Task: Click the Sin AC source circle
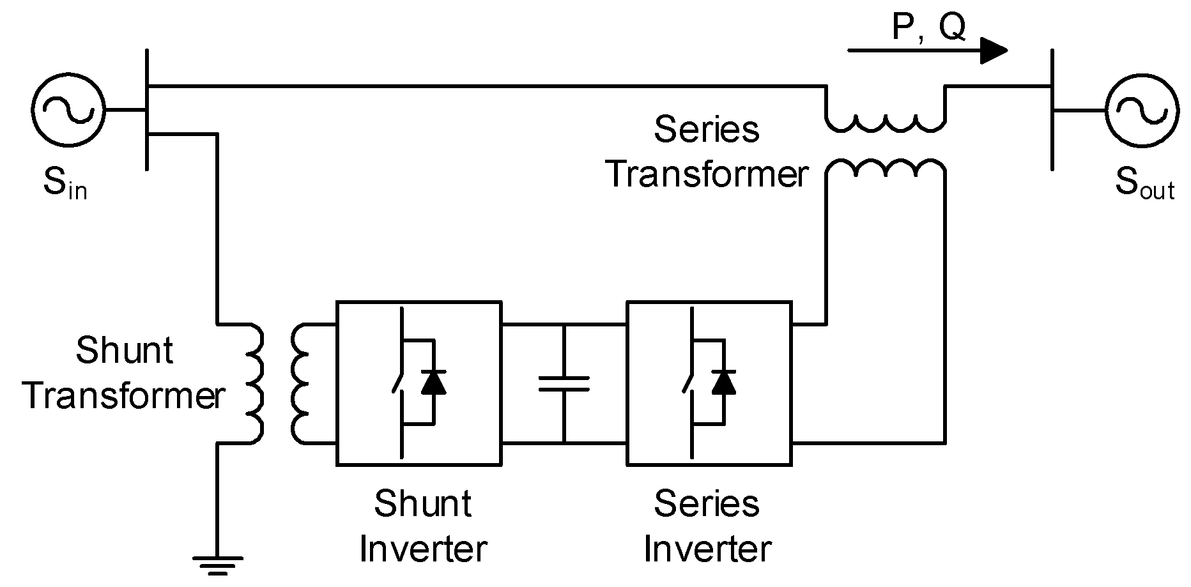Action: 68,110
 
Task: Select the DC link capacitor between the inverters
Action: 564,383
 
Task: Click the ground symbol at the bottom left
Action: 218,565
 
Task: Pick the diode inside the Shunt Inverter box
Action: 434,382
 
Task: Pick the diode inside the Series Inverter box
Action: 724,382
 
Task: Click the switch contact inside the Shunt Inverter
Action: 398,383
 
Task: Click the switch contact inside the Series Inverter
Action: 688,383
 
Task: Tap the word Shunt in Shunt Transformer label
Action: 125,351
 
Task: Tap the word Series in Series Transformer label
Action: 707,130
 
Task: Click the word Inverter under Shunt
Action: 423,549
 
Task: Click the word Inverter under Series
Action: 707,549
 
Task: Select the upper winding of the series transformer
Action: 886,121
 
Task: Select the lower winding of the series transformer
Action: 886,169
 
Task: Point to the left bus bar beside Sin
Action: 148,110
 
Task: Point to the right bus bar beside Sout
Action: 1052,110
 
